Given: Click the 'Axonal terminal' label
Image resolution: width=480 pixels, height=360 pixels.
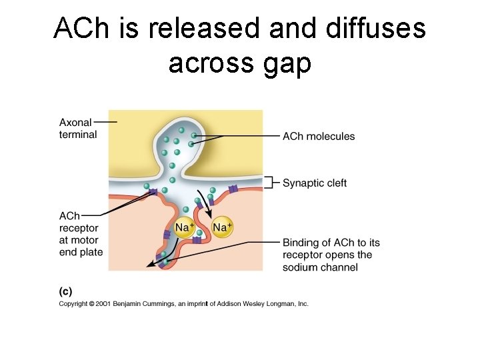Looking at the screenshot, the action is (x=77, y=129).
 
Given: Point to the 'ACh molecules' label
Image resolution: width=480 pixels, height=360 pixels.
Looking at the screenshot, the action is (x=319, y=137).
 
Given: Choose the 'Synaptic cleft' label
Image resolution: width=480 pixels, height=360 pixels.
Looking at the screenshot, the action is (x=314, y=183).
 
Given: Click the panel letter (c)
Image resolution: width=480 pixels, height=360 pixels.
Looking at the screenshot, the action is (x=65, y=291).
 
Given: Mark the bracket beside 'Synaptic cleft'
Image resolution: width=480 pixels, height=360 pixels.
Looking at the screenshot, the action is (x=270, y=183).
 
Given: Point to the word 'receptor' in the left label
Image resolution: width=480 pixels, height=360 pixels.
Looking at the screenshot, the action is (x=79, y=228).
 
